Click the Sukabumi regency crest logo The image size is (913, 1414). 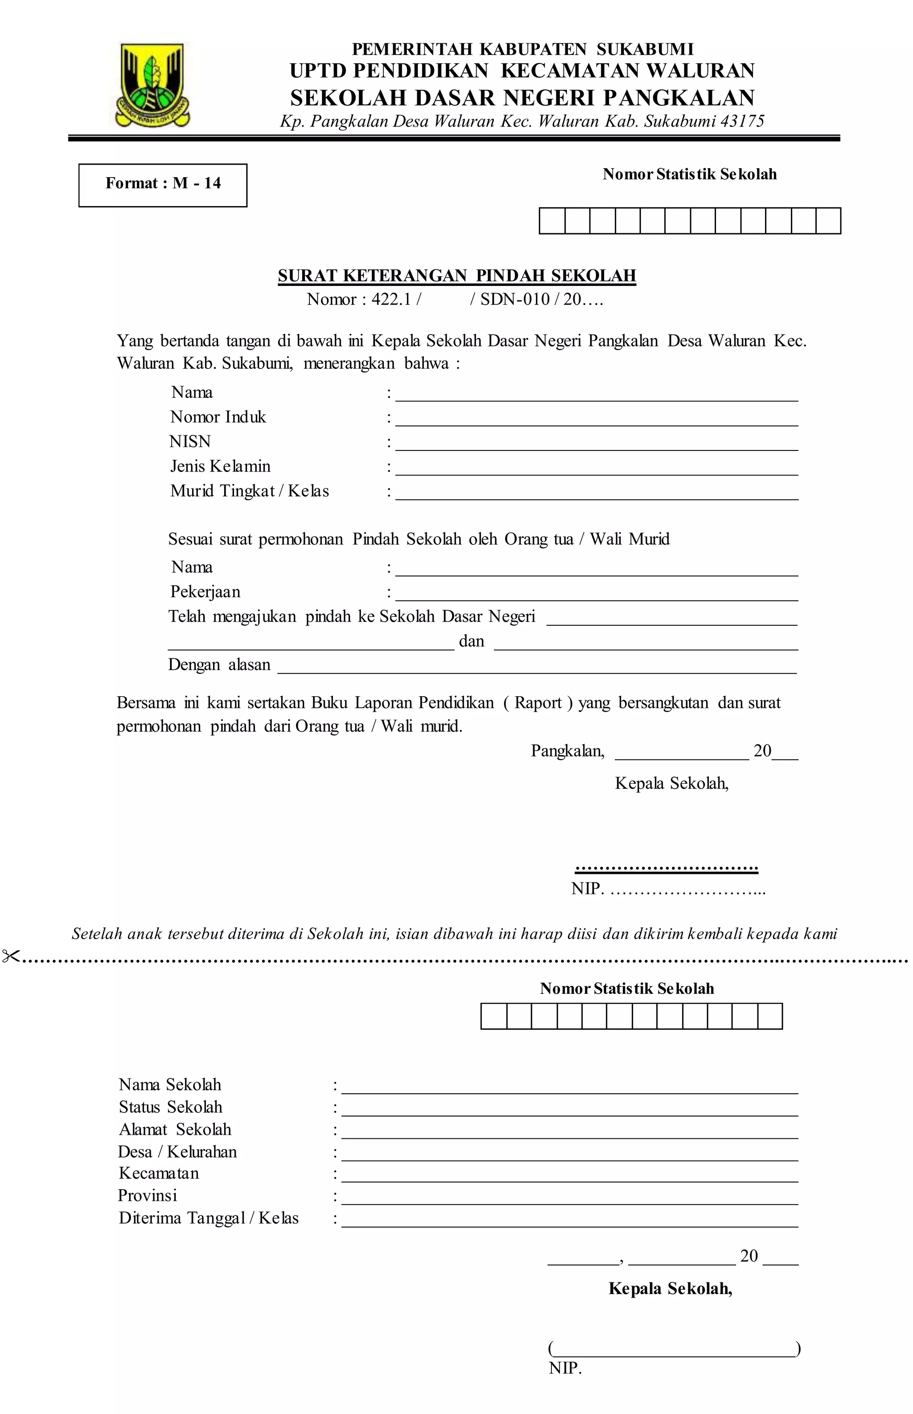[153, 84]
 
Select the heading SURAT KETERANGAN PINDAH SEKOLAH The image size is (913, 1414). [456, 276]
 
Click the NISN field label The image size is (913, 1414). [190, 442]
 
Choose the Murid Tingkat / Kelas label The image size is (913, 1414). [249, 491]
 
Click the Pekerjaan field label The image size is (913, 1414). [205, 592]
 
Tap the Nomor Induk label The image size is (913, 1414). [218, 417]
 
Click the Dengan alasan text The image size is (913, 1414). [219, 665]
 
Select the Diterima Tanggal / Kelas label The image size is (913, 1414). [208, 1218]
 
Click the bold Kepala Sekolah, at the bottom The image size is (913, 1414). [670, 1288]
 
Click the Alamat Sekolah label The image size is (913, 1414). [174, 1130]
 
